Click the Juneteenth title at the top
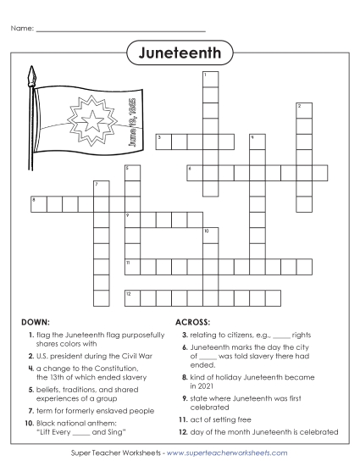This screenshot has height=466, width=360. (180, 53)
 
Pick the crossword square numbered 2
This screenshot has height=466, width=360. (303, 110)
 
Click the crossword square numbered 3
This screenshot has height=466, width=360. (163, 141)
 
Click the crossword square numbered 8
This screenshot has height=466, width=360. (39, 203)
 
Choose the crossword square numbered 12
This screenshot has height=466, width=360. (132, 297)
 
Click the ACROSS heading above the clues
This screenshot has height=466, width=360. (194, 323)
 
